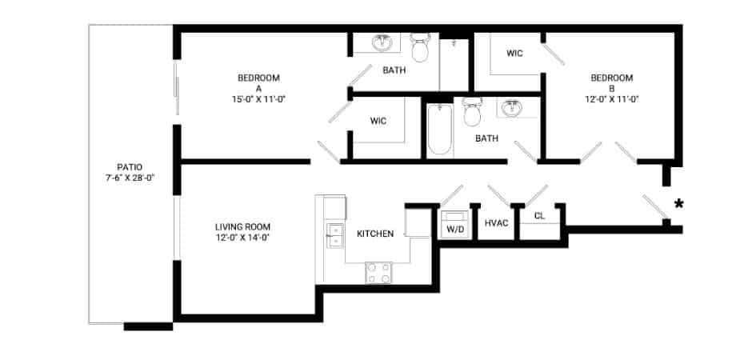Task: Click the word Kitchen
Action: click(x=374, y=234)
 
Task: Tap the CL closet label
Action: click(x=539, y=215)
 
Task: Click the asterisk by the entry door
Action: click(x=678, y=204)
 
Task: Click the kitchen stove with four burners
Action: click(x=379, y=273)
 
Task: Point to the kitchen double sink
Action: click(x=332, y=234)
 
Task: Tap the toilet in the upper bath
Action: click(x=419, y=48)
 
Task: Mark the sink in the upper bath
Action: click(x=382, y=42)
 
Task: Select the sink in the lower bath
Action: click(x=510, y=107)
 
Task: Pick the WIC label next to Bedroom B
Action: click(x=514, y=54)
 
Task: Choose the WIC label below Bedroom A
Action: click(x=378, y=121)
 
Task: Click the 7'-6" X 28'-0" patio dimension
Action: click(x=123, y=178)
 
